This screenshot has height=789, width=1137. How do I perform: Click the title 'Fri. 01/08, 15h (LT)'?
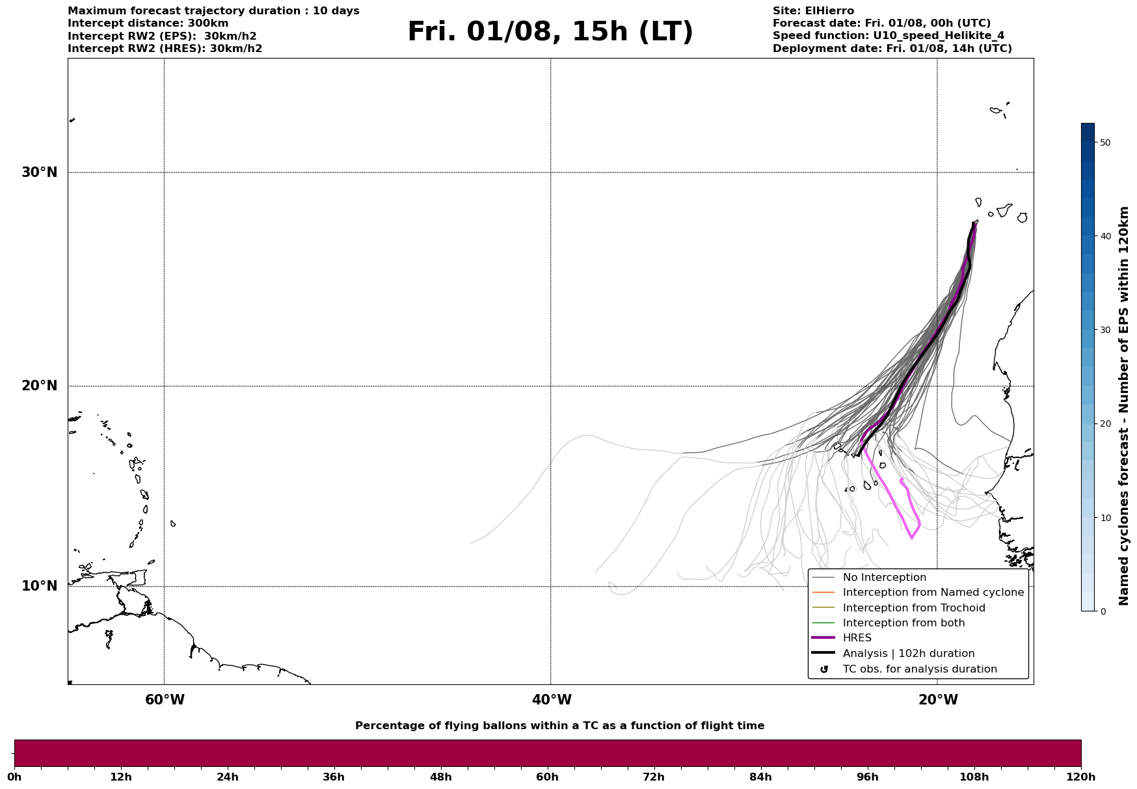[x=550, y=32]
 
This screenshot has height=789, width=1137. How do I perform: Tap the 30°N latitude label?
[x=40, y=172]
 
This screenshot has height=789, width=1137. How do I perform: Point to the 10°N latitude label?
[x=40, y=586]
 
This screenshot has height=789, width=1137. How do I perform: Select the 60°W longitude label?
[x=165, y=700]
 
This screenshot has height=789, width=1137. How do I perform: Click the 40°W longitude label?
[x=552, y=700]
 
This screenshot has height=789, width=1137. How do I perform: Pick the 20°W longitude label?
[x=938, y=700]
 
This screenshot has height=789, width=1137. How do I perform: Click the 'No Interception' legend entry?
[x=884, y=578]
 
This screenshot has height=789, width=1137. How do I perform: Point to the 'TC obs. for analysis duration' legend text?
[x=920, y=669]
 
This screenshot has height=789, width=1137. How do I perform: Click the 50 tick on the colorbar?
[x=1104, y=142]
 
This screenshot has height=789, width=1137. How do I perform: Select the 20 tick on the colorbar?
[x=1104, y=424]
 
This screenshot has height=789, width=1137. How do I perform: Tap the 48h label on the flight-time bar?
[x=440, y=777]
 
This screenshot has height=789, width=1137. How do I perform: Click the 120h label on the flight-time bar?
[x=1081, y=777]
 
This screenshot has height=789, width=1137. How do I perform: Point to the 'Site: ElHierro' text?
[x=813, y=11]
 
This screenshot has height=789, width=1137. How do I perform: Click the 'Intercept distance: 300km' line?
[x=148, y=23]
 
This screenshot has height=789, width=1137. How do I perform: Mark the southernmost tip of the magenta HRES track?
[x=911, y=539]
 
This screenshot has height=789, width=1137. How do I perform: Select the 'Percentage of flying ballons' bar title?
[x=559, y=726]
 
